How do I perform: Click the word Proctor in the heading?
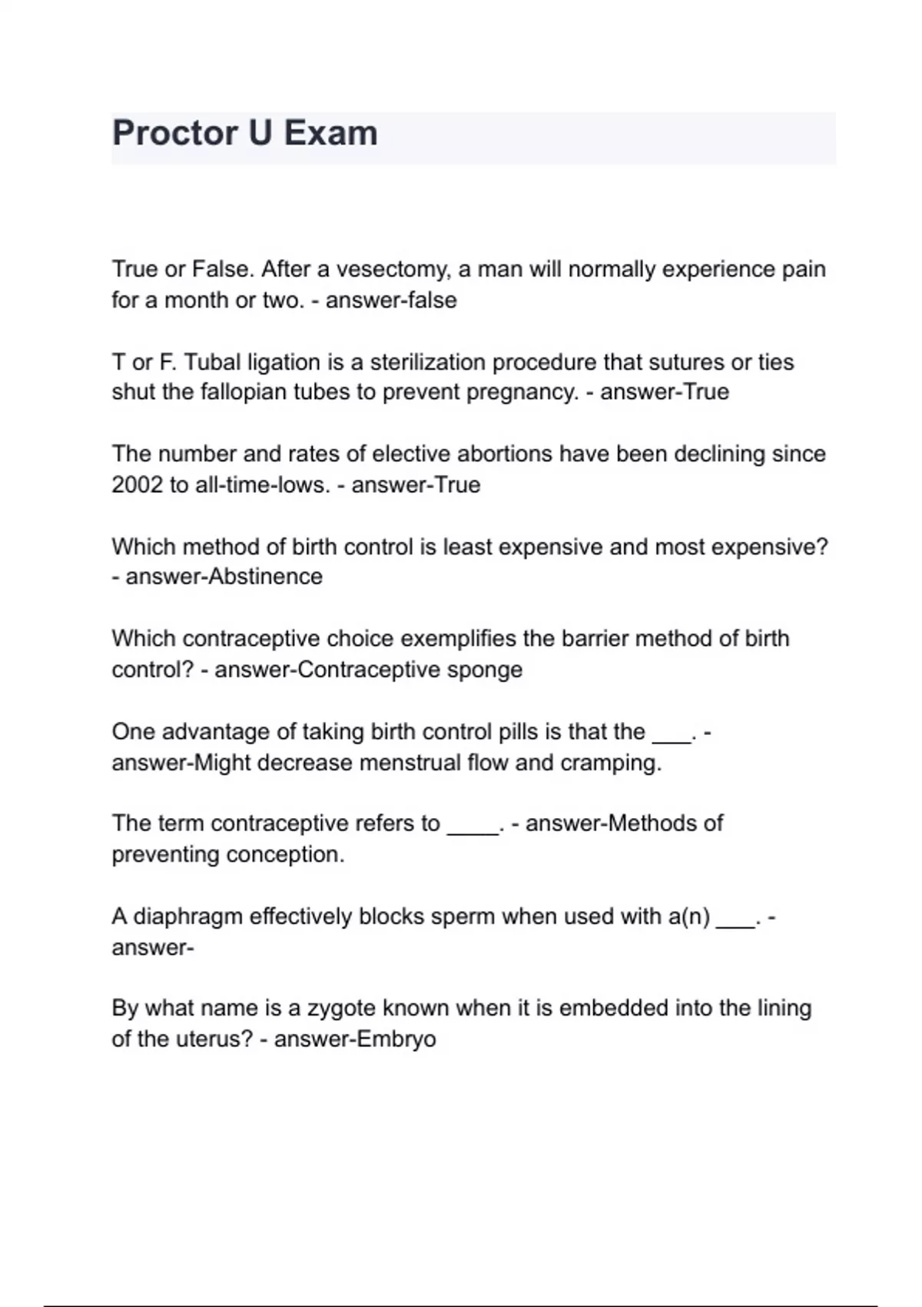tap(174, 133)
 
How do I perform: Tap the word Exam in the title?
tap(331, 133)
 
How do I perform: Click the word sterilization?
tap(427, 362)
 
